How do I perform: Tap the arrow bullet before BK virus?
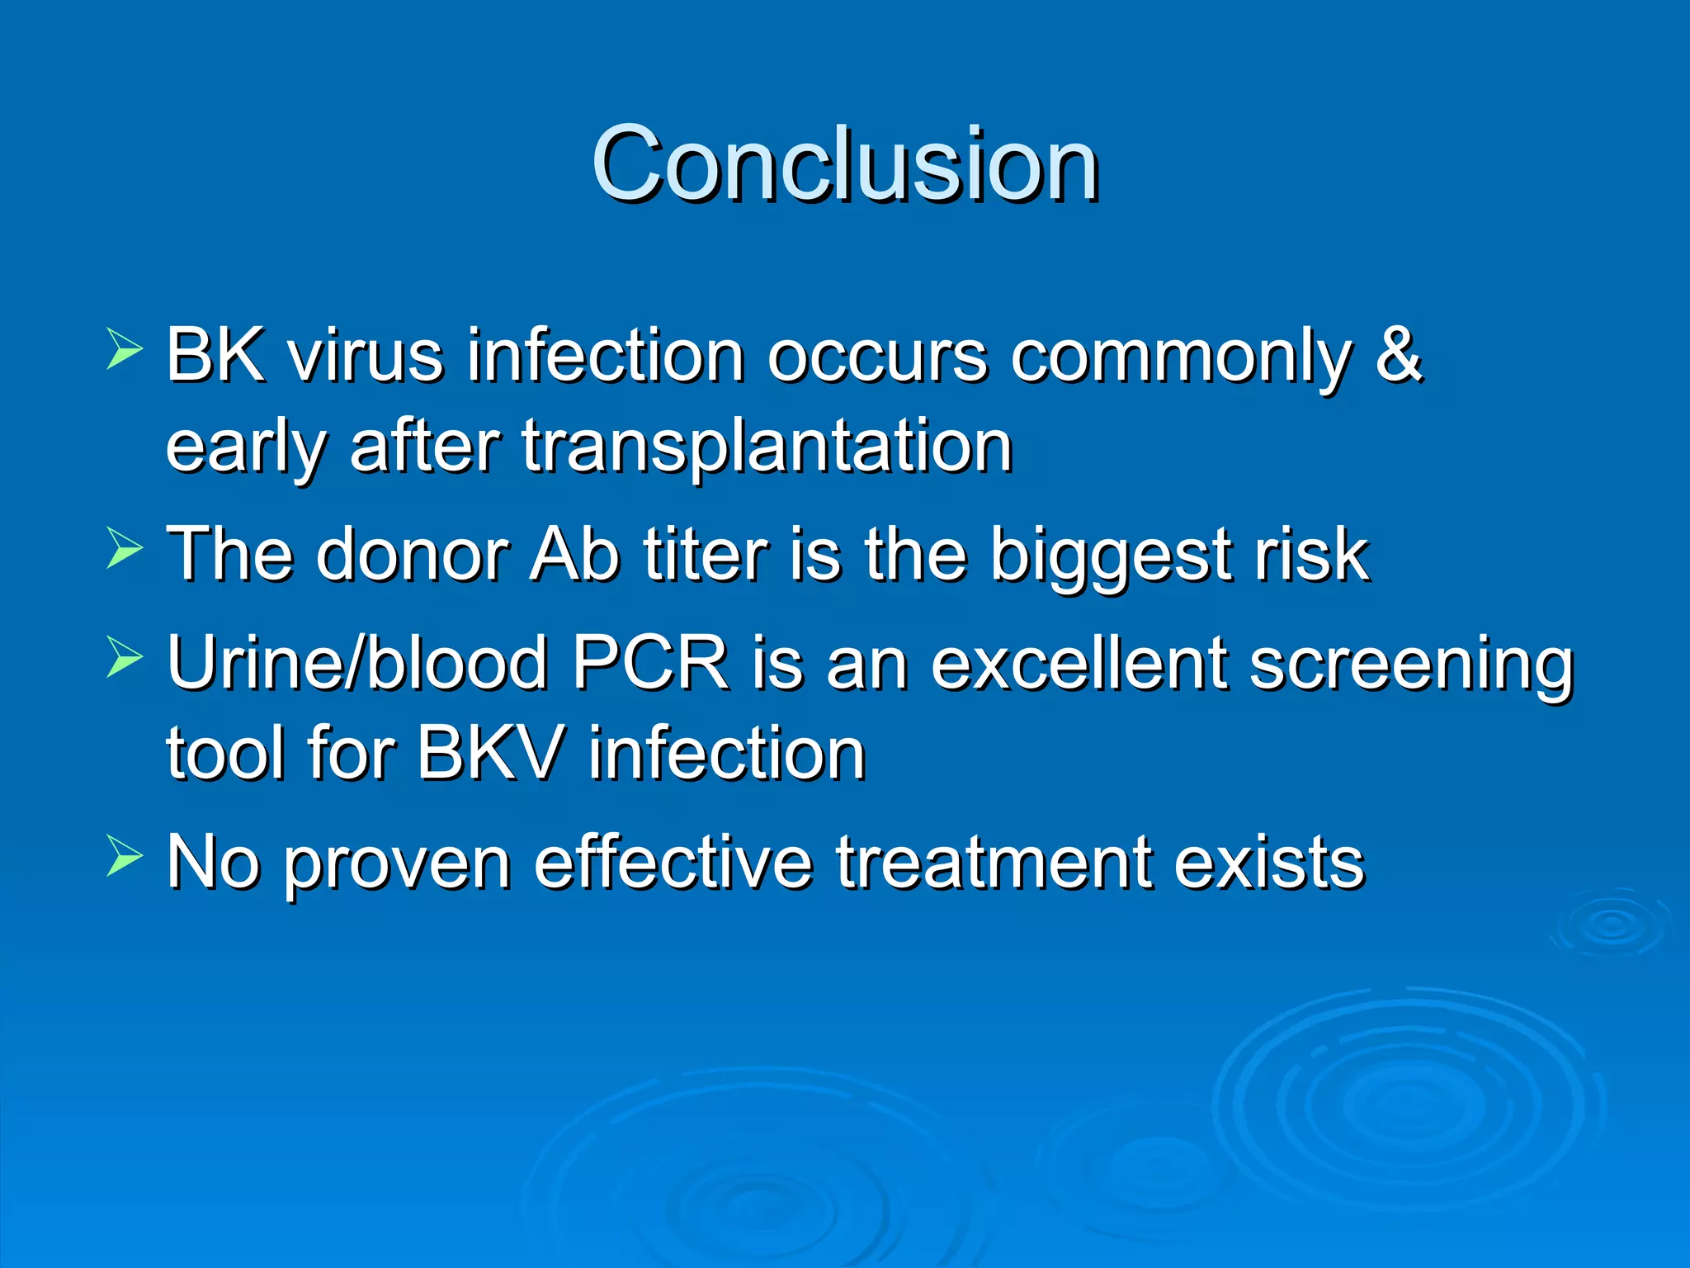point(125,349)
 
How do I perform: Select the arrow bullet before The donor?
point(125,549)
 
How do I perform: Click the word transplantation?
point(767,447)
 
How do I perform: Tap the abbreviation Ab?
point(574,555)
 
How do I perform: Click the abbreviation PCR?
point(650,663)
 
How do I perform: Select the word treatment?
point(994,863)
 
